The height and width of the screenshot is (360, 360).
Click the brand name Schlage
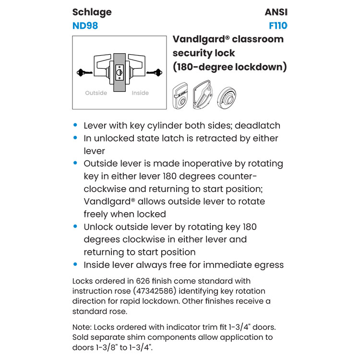click(92, 12)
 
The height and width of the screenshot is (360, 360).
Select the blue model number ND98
click(85, 26)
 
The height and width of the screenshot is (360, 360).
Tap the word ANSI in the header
click(276, 12)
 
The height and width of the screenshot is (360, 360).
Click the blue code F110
click(278, 26)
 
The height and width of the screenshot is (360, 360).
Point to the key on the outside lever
click(84, 73)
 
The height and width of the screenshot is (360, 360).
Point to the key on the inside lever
click(154, 73)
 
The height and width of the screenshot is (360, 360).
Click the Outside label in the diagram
click(96, 93)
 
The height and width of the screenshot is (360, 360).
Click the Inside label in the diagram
click(140, 93)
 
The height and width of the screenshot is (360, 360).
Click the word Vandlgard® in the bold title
click(200, 39)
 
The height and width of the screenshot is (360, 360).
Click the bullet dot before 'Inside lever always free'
click(75, 264)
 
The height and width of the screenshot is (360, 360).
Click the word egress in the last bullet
click(268, 265)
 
